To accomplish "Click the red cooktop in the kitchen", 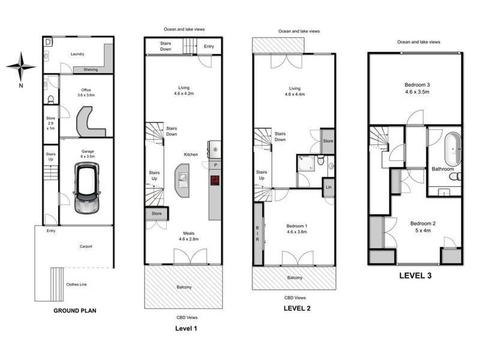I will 214,180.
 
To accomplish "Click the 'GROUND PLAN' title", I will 75,310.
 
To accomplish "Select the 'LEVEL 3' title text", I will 415,277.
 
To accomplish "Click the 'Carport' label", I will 88,246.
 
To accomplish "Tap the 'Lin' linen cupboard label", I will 328,187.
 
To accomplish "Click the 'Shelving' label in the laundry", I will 91,69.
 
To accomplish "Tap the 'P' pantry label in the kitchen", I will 214,164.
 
